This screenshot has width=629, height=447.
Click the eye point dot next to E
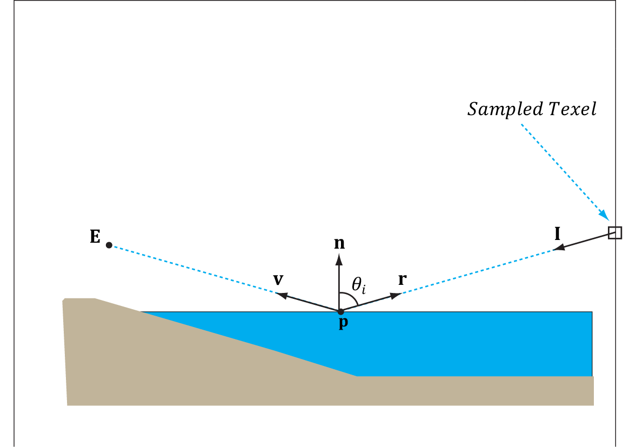click(x=109, y=245)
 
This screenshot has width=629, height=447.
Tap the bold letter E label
click(x=95, y=237)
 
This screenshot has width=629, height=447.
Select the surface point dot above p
click(x=340, y=311)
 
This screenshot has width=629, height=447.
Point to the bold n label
click(x=339, y=243)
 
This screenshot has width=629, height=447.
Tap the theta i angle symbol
click(x=358, y=285)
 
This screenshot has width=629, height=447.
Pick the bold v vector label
click(x=279, y=279)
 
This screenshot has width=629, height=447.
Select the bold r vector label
click(x=402, y=279)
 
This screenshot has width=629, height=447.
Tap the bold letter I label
click(x=557, y=234)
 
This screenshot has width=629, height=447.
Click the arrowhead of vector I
click(x=560, y=248)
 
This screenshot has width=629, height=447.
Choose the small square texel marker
click(x=614, y=232)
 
